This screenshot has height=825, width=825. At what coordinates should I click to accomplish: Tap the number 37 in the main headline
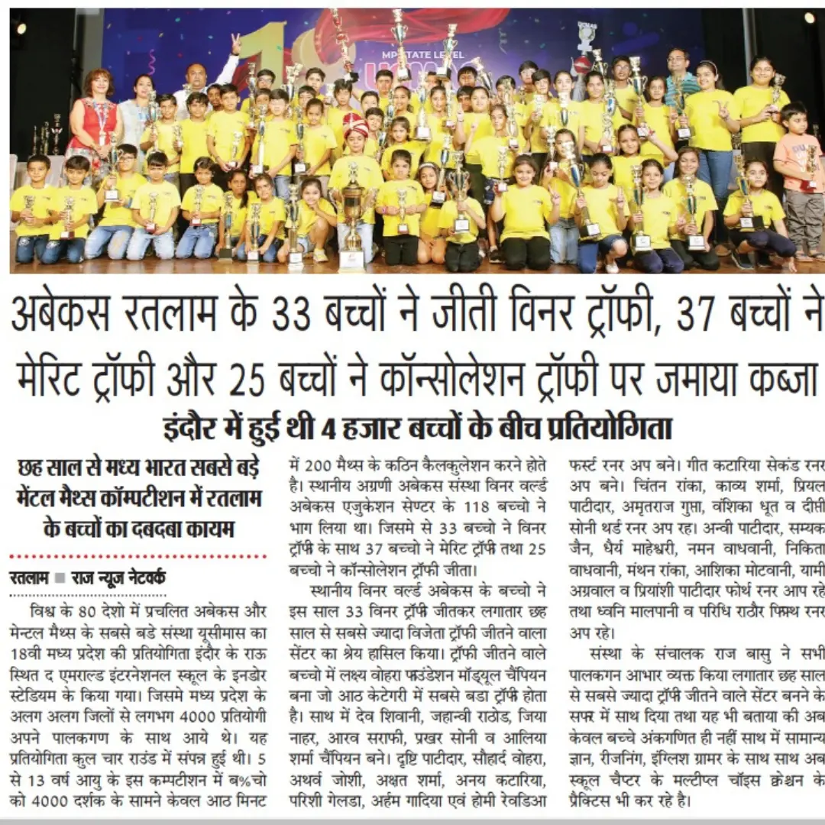[x=694, y=315]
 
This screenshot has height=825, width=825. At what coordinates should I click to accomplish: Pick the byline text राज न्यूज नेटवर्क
[x=118, y=578]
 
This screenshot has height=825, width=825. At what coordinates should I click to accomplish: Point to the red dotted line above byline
[x=137, y=557]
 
